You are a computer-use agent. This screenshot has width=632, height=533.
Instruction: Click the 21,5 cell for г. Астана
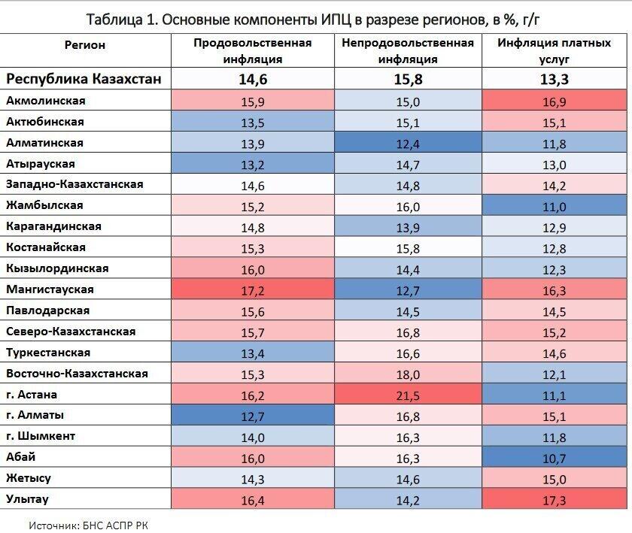tap(408, 394)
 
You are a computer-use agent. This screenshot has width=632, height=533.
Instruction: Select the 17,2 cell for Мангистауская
tap(252, 289)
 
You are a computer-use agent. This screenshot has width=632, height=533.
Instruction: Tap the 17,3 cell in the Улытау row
tap(554, 499)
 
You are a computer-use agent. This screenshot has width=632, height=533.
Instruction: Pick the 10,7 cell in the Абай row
tap(554, 457)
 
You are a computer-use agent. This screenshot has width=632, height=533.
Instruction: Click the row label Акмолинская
tap(46, 101)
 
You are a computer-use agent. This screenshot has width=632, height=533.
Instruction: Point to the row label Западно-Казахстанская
tap(74, 184)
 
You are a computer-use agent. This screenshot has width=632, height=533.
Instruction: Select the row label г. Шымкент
tap(41, 436)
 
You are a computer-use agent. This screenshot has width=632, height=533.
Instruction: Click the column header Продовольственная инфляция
tap(252, 51)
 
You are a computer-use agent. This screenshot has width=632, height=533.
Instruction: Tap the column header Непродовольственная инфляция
tap(408, 51)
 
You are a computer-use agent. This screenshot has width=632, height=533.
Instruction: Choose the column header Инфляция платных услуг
tap(554, 51)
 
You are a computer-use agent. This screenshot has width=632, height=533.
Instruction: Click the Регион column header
tap(85, 45)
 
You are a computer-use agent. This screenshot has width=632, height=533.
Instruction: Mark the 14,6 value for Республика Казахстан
tap(252, 79)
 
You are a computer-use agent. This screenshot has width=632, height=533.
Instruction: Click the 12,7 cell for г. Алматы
tap(252, 415)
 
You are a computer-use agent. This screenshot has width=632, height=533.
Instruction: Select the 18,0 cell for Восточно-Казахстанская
tap(408, 374)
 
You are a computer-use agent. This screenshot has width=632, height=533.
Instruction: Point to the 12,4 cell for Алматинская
tap(408, 143)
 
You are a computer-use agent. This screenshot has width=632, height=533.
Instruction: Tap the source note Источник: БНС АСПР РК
tap(89, 525)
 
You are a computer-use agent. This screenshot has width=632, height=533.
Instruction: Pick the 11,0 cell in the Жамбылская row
tap(554, 205)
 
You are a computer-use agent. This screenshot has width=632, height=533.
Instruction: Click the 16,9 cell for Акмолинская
tap(554, 101)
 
